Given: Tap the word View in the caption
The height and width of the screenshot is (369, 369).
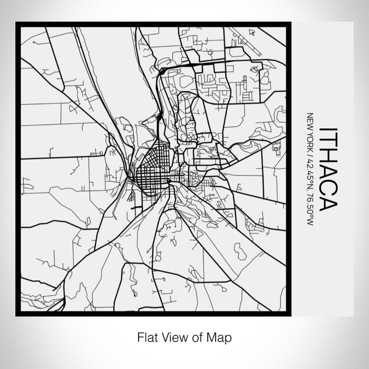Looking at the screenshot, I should (x=173, y=336).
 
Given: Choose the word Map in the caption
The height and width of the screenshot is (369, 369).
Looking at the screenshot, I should (x=218, y=336).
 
